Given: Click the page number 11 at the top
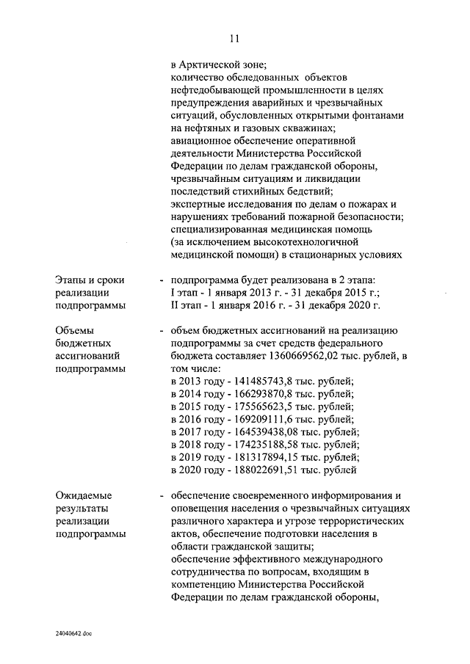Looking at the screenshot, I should coord(234,38).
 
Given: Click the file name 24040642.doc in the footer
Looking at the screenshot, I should coord(73,631).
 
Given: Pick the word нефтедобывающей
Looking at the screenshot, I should coord(217,90).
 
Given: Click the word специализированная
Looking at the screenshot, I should coord(221,230).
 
